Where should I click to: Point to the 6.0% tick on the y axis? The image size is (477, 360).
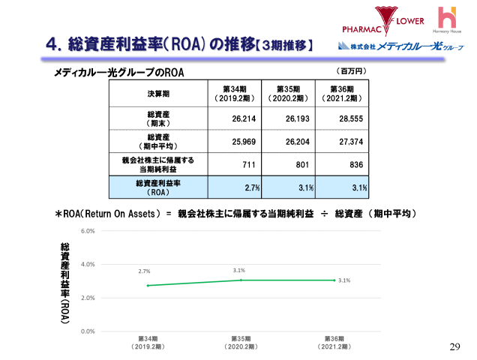(x=88, y=231)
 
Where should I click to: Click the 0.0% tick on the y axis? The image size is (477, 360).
(x=88, y=331)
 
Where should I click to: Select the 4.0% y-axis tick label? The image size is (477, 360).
(x=88, y=264)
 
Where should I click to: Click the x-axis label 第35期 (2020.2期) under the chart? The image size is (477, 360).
(x=241, y=343)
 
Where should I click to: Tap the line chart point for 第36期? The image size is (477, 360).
(x=333, y=280)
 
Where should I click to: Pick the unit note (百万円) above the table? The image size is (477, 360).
(x=351, y=70)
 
